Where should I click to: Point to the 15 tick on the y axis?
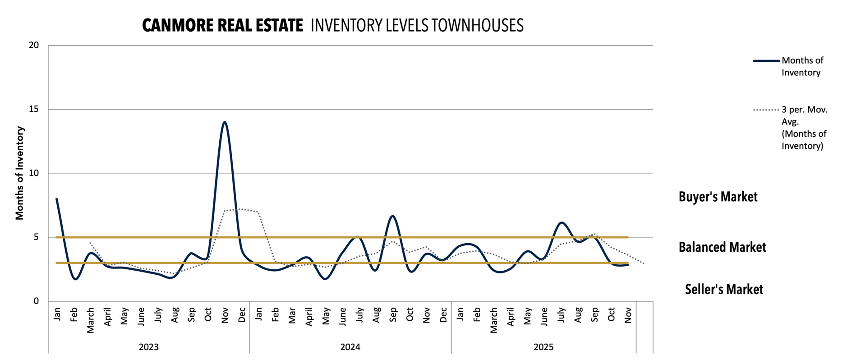pyautogui.click(x=34, y=109)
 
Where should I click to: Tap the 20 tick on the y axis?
pyautogui.click(x=34, y=45)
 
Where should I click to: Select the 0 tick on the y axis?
pyautogui.click(x=36, y=301)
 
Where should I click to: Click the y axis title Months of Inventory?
pyautogui.click(x=19, y=173)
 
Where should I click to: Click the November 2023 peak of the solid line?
pyautogui.click(x=225, y=122)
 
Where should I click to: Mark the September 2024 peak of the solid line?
pyautogui.click(x=393, y=216)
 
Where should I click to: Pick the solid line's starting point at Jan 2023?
pyautogui.click(x=56, y=199)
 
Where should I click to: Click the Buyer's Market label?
pyautogui.click(x=718, y=197)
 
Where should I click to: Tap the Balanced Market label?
pyautogui.click(x=722, y=247)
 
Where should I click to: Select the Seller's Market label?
pyautogui.click(x=724, y=289)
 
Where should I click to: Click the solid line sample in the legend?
pyautogui.click(x=766, y=61)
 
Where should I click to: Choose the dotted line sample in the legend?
pyautogui.click(x=766, y=110)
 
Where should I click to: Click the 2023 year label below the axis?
pyautogui.click(x=148, y=347)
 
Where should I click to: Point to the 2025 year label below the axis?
pyautogui.click(x=544, y=347)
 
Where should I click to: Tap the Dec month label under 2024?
pyautogui.click(x=443, y=315)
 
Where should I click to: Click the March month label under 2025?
pyautogui.click(x=494, y=320)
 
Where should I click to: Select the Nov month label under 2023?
pyautogui.click(x=225, y=315)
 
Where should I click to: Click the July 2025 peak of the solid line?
pyautogui.click(x=561, y=222)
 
